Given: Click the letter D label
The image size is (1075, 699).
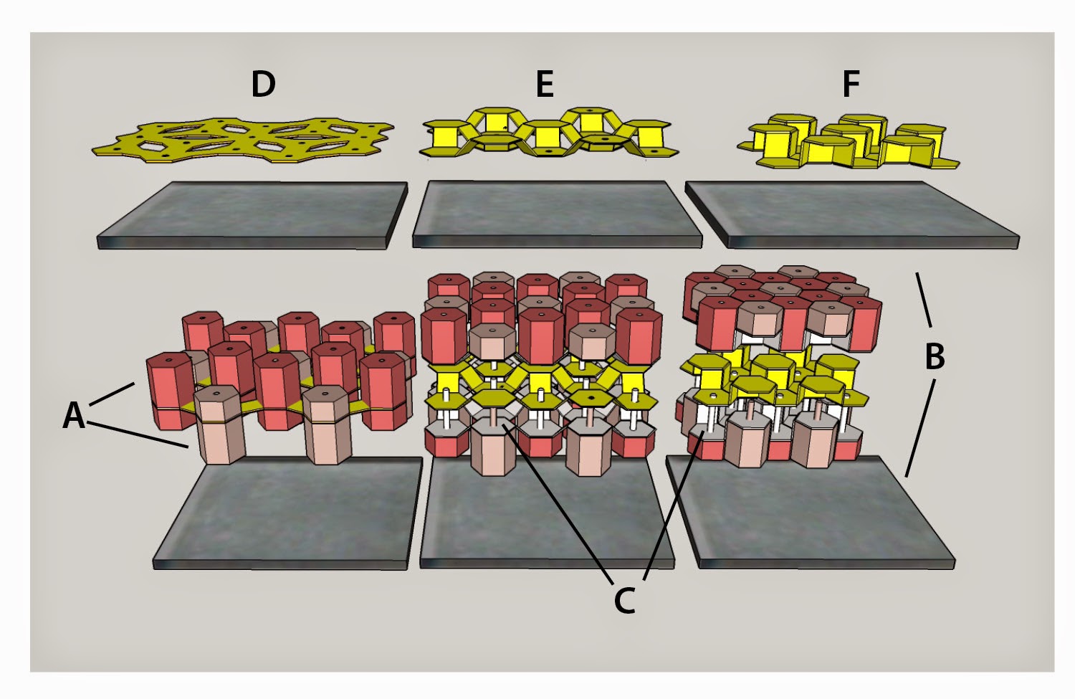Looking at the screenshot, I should (x=263, y=85).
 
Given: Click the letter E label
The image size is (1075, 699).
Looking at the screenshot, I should (x=545, y=85).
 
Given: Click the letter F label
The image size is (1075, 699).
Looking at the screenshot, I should (x=851, y=85).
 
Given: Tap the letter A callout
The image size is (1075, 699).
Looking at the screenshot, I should (x=74, y=416).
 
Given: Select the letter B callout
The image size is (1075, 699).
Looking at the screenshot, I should (x=935, y=356).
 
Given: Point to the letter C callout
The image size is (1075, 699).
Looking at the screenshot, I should (x=625, y=600).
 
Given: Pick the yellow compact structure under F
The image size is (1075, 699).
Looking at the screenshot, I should (x=849, y=141).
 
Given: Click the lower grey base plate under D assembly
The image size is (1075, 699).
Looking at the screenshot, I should (x=287, y=516).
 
